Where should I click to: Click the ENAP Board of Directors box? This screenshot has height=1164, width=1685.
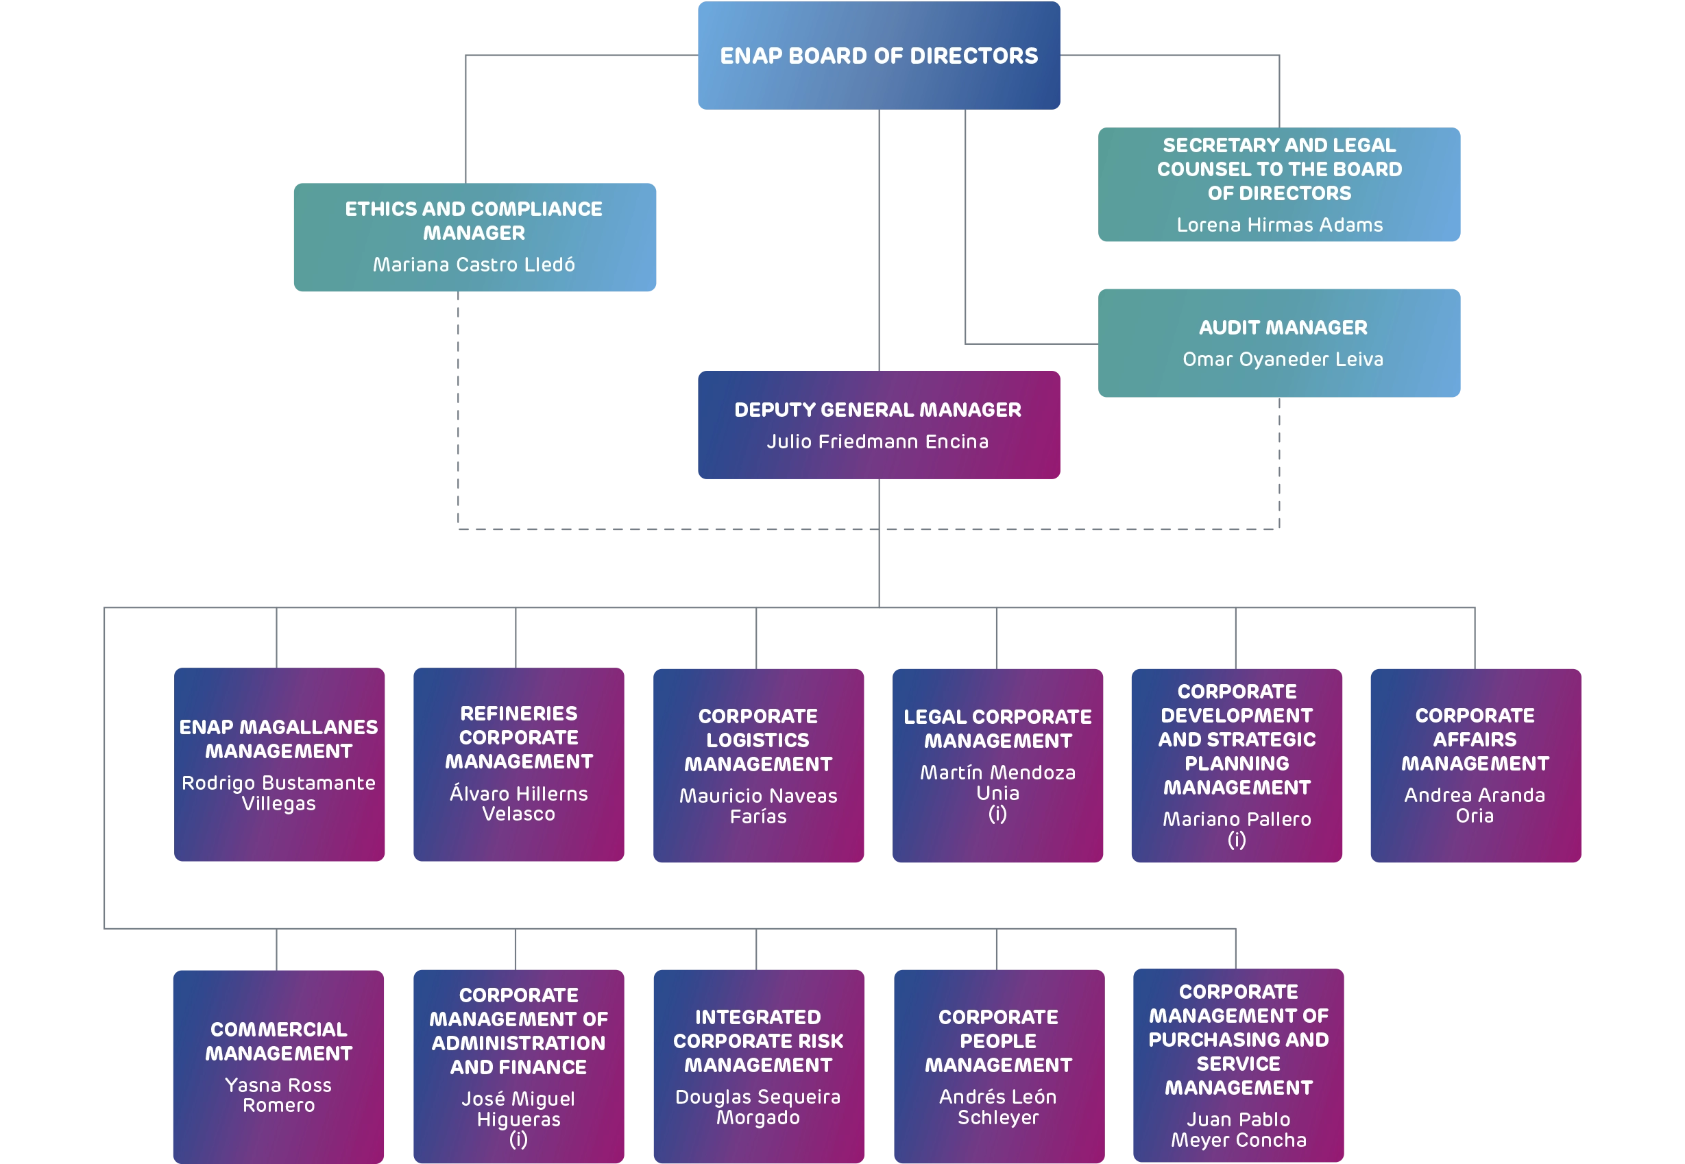click(x=879, y=56)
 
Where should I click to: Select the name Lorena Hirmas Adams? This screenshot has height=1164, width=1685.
click(x=1279, y=225)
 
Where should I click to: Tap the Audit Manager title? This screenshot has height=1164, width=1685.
click(x=1283, y=328)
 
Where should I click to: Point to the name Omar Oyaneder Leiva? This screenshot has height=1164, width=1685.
click(x=1283, y=359)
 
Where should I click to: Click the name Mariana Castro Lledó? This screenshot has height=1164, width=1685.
click(x=474, y=264)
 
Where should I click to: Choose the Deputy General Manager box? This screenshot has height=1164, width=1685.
click(x=879, y=424)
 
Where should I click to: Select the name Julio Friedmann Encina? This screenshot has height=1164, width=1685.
click(x=877, y=441)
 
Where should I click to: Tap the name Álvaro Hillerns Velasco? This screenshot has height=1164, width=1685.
click(x=518, y=803)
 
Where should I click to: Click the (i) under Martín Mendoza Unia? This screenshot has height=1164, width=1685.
click(x=997, y=814)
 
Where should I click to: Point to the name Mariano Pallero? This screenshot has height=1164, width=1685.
click(x=1237, y=819)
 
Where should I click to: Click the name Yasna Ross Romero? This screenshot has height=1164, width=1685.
click(x=278, y=1095)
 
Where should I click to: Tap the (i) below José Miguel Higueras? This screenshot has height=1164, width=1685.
click(x=518, y=1139)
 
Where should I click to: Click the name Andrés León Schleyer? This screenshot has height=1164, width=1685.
click(x=997, y=1106)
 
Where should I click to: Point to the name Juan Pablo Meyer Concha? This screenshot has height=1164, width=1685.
click(x=1238, y=1129)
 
